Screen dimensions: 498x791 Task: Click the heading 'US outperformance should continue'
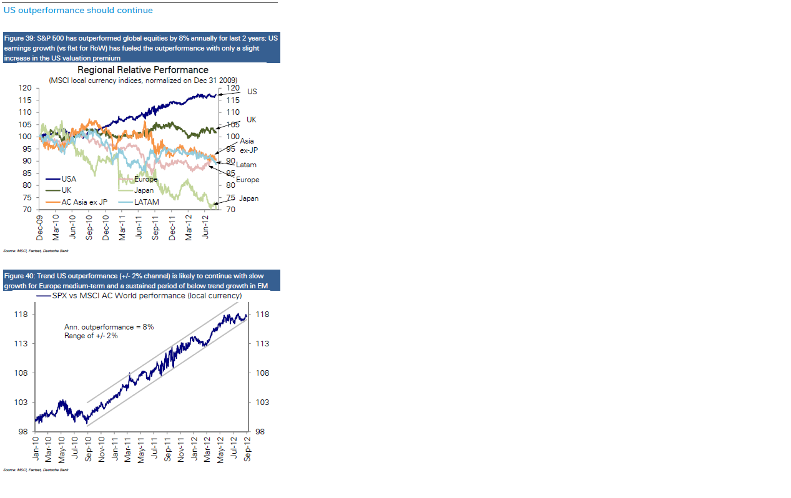78,10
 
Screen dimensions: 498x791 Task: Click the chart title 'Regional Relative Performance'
143,70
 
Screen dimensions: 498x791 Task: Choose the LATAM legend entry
146,202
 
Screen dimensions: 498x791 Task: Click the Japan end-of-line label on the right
248,198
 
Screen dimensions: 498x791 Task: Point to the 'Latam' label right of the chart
246,165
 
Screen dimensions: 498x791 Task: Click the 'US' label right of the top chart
252,92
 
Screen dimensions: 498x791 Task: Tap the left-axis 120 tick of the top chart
26,87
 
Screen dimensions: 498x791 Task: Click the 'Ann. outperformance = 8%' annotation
109,327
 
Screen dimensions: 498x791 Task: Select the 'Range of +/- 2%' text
91,336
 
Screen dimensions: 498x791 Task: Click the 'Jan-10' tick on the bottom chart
36,449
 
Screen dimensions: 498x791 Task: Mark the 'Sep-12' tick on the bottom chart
248,449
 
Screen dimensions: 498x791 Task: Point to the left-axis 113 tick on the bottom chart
21,343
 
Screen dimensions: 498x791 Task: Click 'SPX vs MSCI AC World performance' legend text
147,295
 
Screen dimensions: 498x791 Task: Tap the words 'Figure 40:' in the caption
20,276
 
